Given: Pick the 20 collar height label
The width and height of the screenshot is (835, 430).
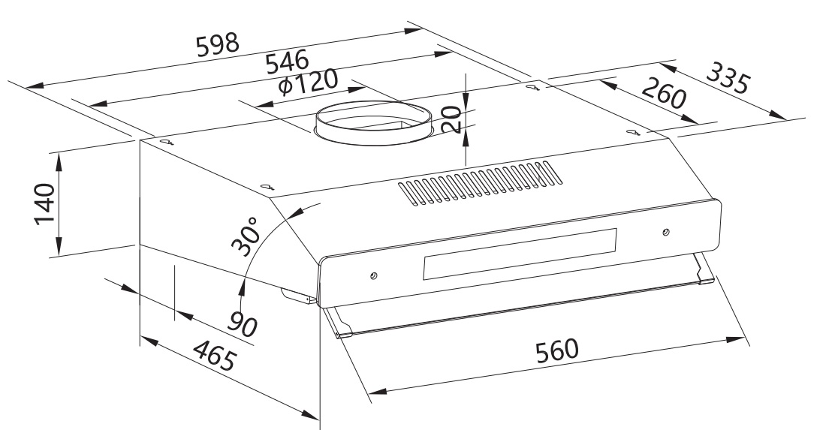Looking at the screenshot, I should pos(451,119).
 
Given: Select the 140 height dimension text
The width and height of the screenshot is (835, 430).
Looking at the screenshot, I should pos(45,203).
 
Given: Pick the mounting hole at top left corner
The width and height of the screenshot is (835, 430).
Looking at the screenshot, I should pos(166,141).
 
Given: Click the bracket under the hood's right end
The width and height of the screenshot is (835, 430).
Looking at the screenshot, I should pos(704,270).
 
